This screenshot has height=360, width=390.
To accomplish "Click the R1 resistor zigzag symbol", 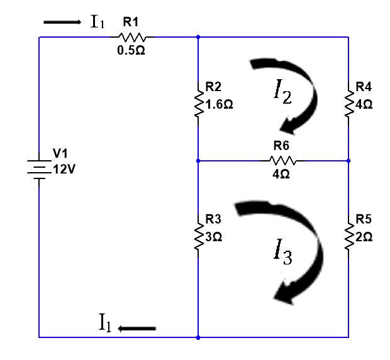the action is click(131, 36).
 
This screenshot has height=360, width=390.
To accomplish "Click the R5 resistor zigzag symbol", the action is click(348, 235).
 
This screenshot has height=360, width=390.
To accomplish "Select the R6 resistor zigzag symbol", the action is click(281, 161).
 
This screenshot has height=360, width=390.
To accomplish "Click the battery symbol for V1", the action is click(39, 169).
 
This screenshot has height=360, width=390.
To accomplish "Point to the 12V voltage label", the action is click(64, 170).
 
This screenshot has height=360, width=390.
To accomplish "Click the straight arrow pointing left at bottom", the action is click(136, 328).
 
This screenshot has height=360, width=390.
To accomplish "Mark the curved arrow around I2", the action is click(295, 94).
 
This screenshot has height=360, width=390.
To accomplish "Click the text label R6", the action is click(281, 146).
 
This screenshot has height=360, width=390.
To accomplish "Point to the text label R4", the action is click(364, 86).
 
